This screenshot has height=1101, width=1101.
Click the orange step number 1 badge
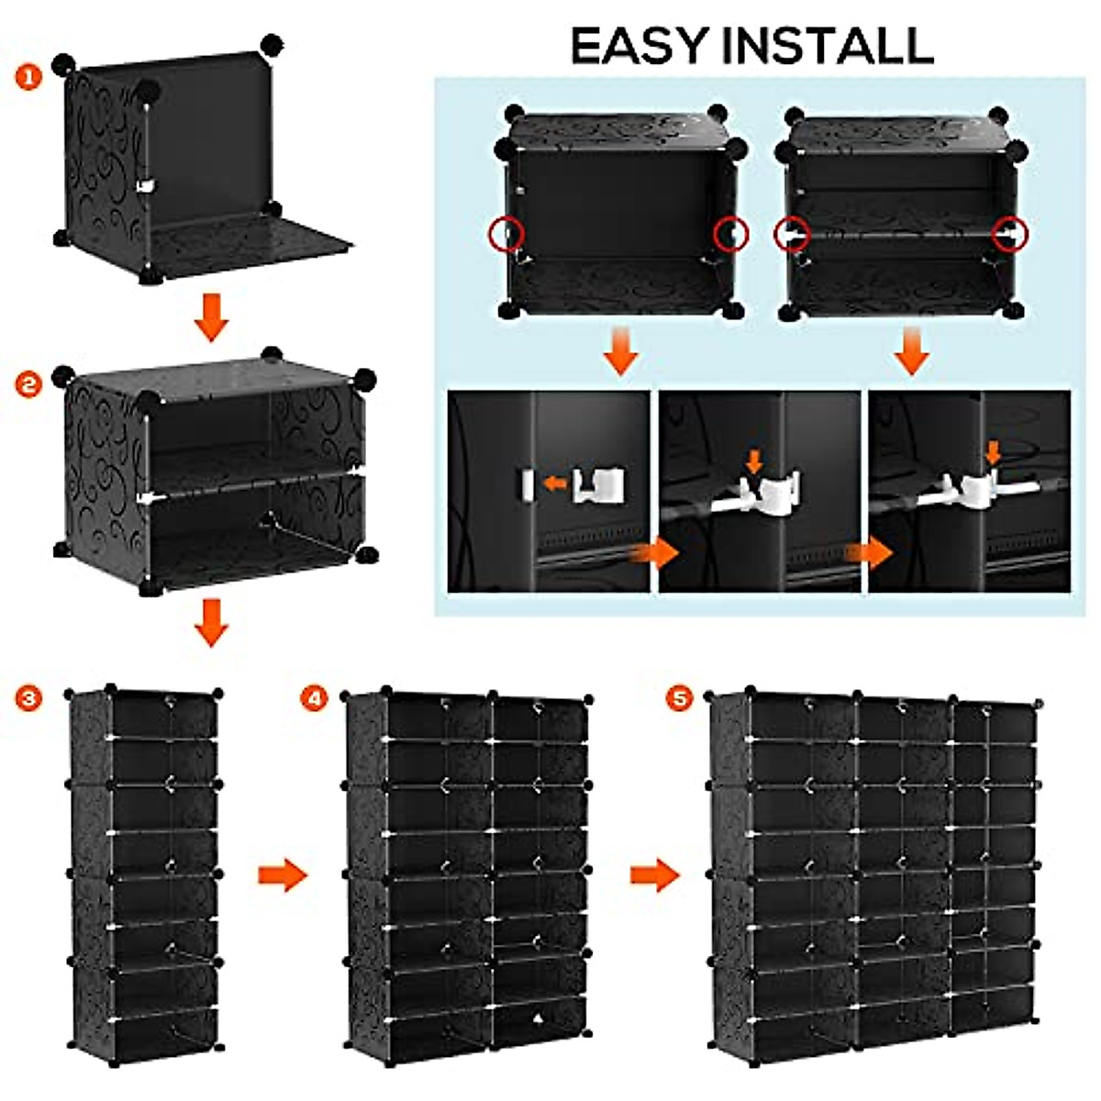[x=28, y=77]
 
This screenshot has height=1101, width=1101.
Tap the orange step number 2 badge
[x=28, y=384]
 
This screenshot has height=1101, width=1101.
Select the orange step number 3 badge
[x=28, y=699]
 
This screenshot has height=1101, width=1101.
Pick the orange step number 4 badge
[x=316, y=699]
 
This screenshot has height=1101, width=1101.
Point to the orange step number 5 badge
[x=680, y=699]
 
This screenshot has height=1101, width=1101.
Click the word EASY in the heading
[x=641, y=46]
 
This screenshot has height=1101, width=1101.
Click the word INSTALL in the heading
[x=828, y=46]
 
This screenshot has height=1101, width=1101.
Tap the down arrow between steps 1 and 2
[x=211, y=317]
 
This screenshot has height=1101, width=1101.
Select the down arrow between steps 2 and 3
[x=211, y=622]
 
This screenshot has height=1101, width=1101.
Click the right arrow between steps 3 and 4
[x=283, y=874]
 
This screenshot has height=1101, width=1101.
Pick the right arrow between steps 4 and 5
[x=655, y=874]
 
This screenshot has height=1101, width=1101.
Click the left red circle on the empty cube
[x=506, y=234]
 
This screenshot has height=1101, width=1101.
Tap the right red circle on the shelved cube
[x=1009, y=235]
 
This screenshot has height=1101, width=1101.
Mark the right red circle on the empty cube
[x=730, y=233]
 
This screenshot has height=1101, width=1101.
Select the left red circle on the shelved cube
[x=791, y=235]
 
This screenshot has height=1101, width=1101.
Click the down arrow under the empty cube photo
[x=620, y=352]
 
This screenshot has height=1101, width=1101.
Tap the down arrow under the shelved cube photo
[x=912, y=352]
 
